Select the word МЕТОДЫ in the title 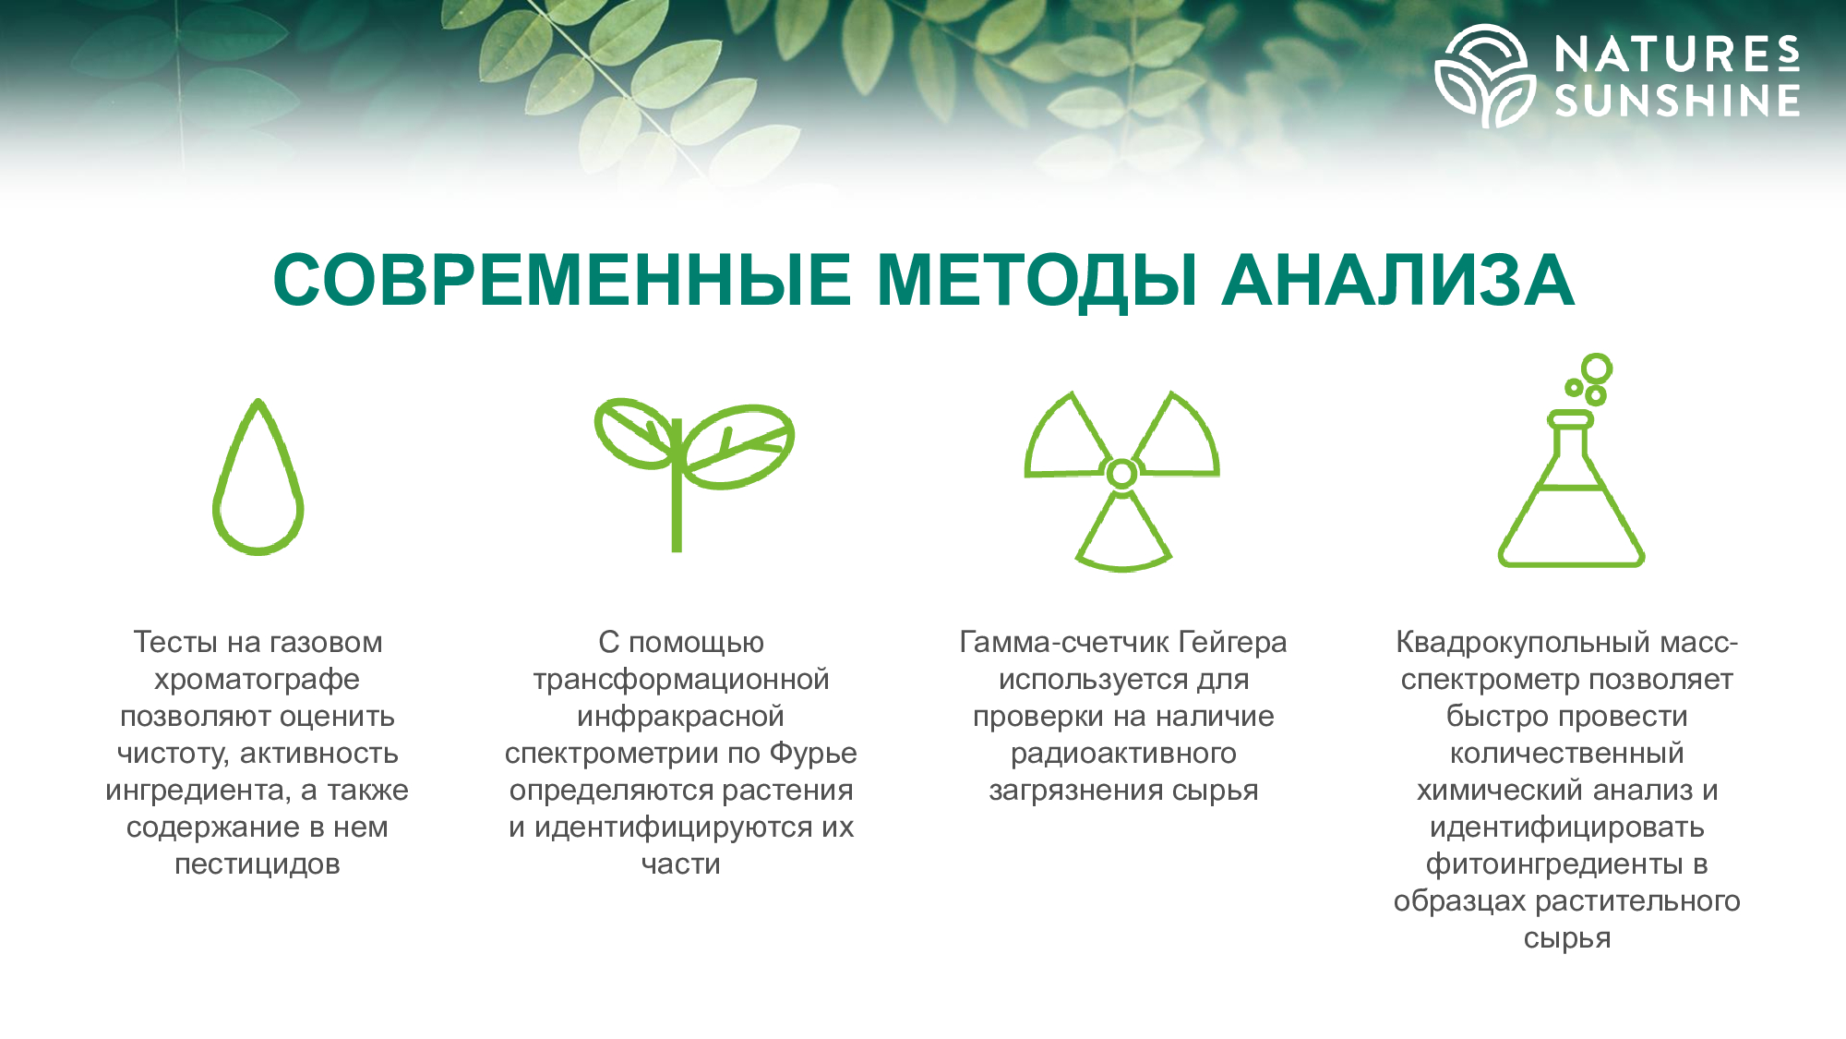coord(1037,281)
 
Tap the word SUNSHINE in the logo coord(1677,101)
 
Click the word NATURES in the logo coord(1677,54)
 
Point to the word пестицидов coord(258,864)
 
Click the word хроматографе coord(257,681)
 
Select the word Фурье coord(813,755)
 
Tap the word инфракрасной coord(680,718)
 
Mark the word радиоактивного coord(1123,755)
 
